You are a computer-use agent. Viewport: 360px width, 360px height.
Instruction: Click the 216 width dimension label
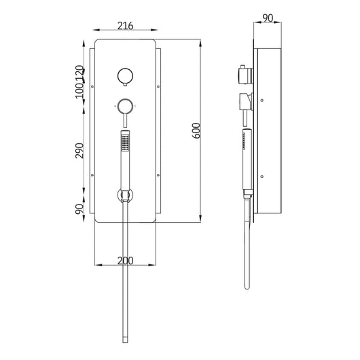[125, 26]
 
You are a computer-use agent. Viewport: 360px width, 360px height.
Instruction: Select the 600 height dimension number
[196, 130]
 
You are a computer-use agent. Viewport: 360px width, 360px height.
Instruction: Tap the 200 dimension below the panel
[125, 259]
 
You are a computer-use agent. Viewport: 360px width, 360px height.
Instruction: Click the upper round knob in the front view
[124, 76]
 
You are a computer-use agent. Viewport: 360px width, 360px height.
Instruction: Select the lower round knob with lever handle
[124, 106]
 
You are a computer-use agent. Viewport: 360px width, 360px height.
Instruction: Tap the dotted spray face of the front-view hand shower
[124, 142]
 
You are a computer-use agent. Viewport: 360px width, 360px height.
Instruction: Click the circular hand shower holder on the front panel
[124, 195]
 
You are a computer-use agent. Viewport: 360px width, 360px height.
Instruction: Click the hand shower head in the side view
[242, 146]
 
